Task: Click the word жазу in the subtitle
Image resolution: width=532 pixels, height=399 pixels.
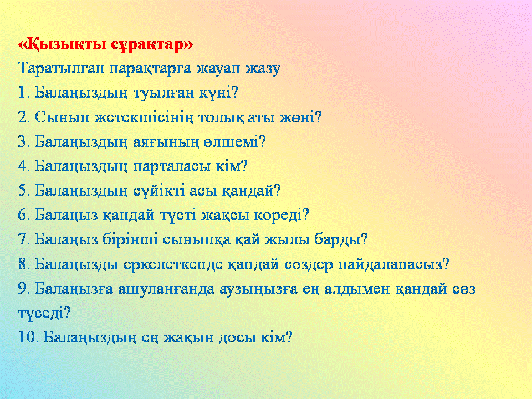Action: tap(263, 69)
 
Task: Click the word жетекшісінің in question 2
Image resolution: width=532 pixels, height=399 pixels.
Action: tap(144, 117)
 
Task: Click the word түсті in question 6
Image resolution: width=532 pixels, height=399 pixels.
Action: tap(178, 215)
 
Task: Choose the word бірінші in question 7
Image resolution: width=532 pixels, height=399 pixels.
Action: tap(130, 239)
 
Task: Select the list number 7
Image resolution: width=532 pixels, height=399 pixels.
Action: tap(23, 239)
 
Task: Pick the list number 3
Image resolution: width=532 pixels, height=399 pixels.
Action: tap(23, 142)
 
